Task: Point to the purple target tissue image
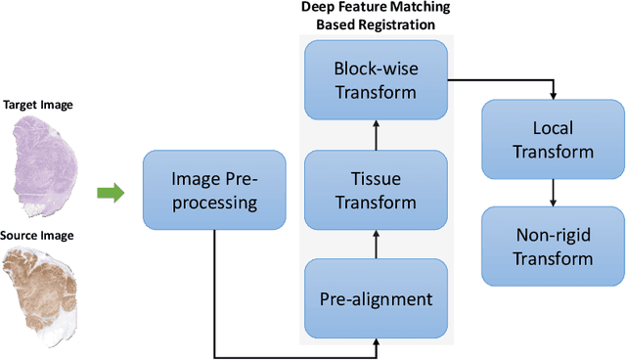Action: point(44,161)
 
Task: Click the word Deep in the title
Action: point(319,9)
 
